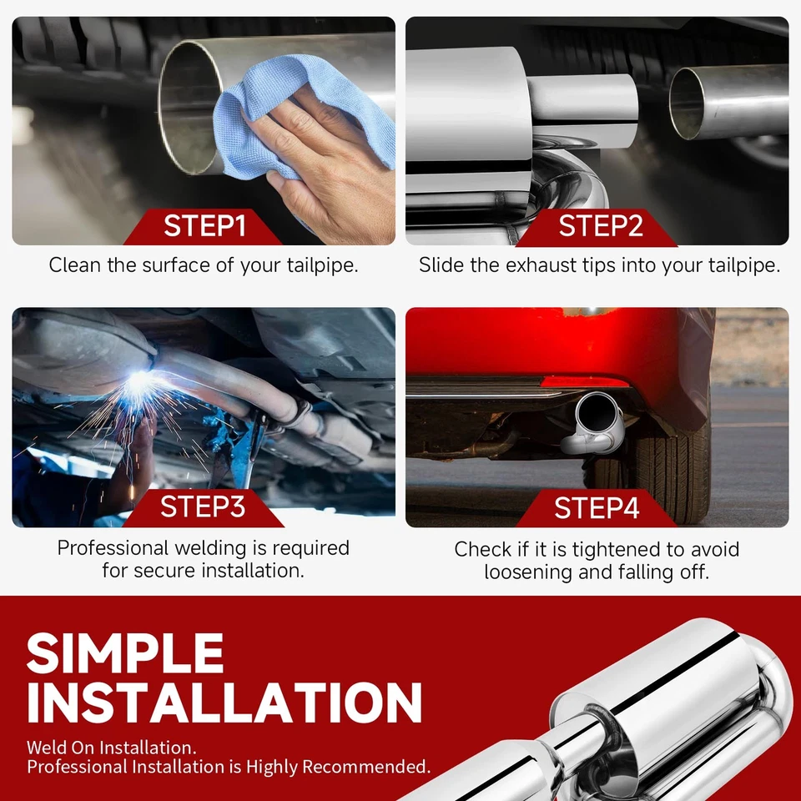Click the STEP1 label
click(x=204, y=226)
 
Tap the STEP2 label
click(x=599, y=226)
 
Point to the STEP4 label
click(x=596, y=508)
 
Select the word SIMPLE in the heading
click(x=125, y=653)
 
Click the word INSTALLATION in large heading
click(x=224, y=703)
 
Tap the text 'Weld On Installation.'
click(x=111, y=747)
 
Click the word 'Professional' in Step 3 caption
click(x=112, y=548)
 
